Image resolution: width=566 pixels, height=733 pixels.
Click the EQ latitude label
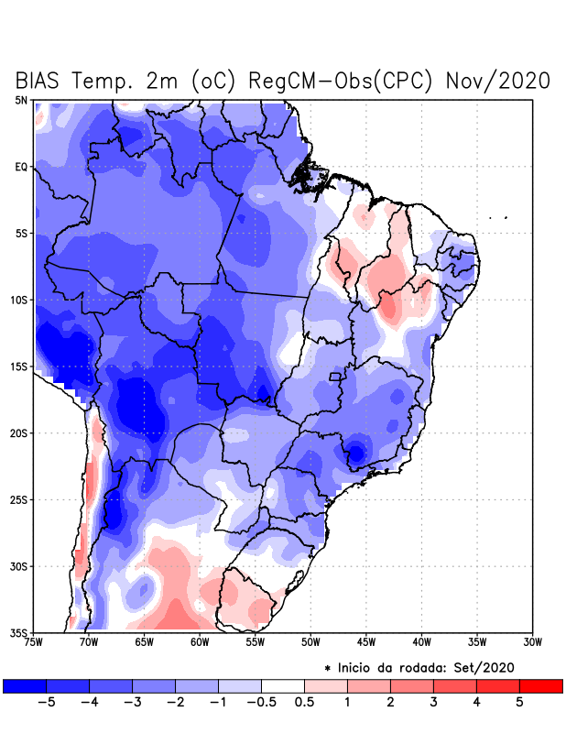pyautogui.click(x=21, y=167)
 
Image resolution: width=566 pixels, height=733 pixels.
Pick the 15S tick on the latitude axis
pyautogui.click(x=19, y=366)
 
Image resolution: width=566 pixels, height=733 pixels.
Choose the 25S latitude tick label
pyautogui.click(x=19, y=499)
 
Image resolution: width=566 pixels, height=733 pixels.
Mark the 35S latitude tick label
pyautogui.click(x=19, y=632)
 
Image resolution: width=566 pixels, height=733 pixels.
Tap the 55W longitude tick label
pyautogui.click(x=255, y=641)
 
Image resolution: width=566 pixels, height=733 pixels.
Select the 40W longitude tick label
pyautogui.click(x=421, y=641)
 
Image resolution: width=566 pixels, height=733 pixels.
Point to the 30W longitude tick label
pyautogui.click(x=532, y=641)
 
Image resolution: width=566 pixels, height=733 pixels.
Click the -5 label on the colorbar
pyautogui.click(x=46, y=702)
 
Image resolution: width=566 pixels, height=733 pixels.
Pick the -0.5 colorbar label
pyautogui.click(x=261, y=702)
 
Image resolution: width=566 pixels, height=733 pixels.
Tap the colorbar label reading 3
pyautogui.click(x=433, y=702)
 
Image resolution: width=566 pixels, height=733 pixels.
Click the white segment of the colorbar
pyautogui.click(x=283, y=685)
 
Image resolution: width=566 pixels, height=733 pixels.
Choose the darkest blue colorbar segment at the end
pyautogui.click(x=25, y=685)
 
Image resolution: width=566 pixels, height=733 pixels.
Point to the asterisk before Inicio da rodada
pyautogui.click(x=327, y=669)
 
